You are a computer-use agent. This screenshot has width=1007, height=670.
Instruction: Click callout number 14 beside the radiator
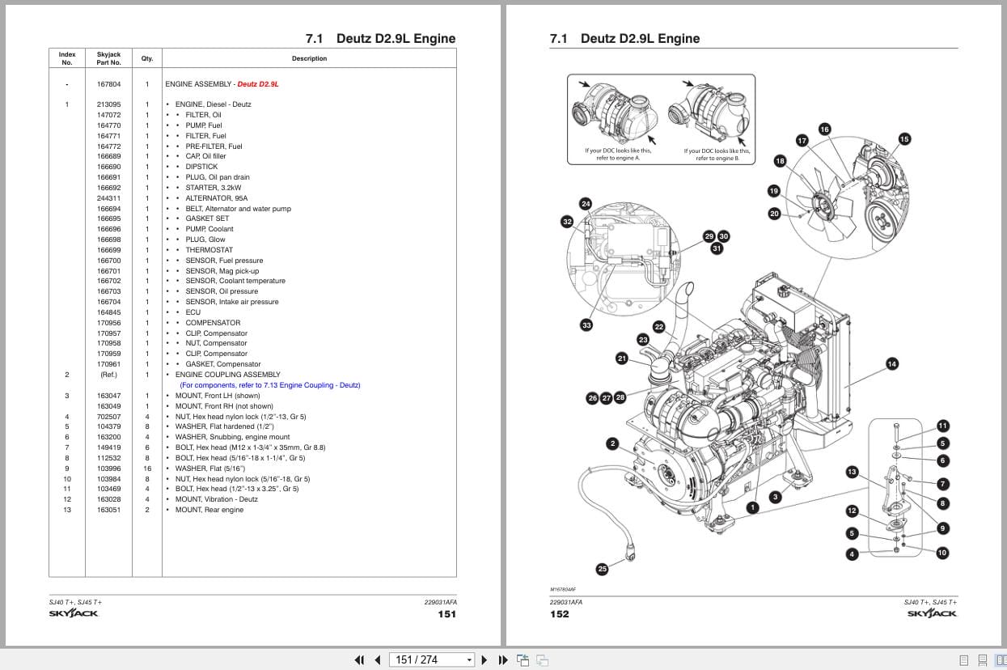[891, 364]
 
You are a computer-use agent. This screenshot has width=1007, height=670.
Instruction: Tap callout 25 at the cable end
[602, 569]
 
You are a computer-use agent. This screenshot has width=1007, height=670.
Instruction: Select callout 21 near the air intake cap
[621, 358]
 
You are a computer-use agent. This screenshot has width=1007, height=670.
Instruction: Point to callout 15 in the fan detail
[903, 139]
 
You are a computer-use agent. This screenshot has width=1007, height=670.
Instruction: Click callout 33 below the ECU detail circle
[586, 325]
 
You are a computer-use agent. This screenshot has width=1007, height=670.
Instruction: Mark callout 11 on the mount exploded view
[942, 426]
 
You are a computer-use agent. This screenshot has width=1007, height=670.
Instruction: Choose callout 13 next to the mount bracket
[852, 472]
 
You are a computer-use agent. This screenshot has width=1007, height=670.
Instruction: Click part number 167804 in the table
[108, 84]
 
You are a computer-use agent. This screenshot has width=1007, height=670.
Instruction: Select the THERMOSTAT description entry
[209, 250]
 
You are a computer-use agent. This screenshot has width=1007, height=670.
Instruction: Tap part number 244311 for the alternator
[108, 198]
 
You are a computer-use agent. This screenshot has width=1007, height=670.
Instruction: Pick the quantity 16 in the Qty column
[147, 469]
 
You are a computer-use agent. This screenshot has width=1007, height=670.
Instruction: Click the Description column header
[309, 58]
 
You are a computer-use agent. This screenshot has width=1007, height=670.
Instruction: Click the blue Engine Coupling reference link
[269, 385]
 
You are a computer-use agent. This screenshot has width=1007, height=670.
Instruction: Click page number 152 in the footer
[559, 614]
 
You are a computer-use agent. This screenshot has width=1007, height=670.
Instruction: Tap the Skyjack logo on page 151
[74, 613]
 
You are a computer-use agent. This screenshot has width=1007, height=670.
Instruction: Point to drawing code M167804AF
[563, 590]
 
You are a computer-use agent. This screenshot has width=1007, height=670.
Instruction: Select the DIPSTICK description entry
[201, 167]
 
